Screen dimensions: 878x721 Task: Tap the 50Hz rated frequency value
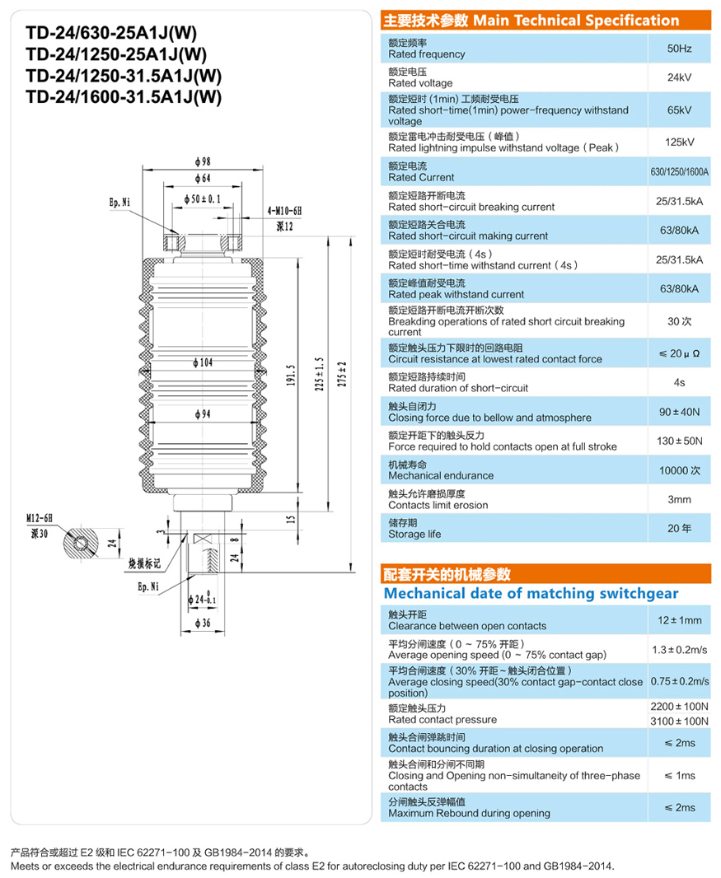pos(680,49)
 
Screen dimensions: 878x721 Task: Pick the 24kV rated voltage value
pos(680,78)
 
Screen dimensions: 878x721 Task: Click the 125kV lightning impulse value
pos(680,142)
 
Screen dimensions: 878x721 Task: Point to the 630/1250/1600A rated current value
pos(680,171)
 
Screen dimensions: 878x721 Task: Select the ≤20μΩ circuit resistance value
pos(680,353)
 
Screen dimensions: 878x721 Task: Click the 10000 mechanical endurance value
pos(680,469)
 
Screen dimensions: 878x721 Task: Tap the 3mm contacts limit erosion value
pos(680,499)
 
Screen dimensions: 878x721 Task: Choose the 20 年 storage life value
pos(680,528)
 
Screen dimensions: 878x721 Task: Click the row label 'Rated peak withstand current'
pos(456,294)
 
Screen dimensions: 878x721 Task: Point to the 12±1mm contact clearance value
pos(680,620)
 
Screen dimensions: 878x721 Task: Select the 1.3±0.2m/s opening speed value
pos(680,649)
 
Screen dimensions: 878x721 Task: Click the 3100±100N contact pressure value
pos(680,721)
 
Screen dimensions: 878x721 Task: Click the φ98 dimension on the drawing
pos(203,161)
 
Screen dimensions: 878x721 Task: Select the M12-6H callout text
pos(39,518)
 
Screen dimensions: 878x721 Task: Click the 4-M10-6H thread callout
pos(285,212)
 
